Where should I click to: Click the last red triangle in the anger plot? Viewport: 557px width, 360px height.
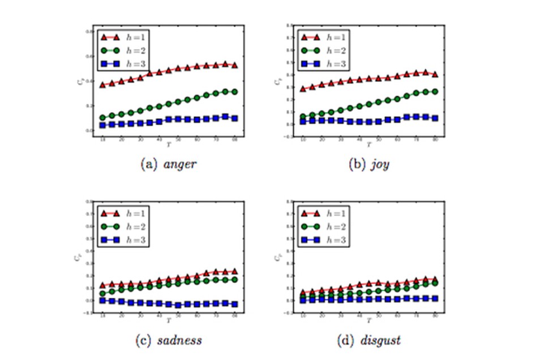[x=235, y=66]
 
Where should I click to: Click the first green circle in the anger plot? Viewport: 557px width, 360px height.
[x=102, y=118]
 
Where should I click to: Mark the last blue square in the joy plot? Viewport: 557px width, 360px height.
[x=435, y=118]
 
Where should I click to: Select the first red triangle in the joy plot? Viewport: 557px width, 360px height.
[x=303, y=89]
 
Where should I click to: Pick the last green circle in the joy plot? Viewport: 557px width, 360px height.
[x=435, y=91]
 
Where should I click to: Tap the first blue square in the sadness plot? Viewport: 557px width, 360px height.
[x=102, y=301]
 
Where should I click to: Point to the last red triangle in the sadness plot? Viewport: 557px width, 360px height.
[x=235, y=272]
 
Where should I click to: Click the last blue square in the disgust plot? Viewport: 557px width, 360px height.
[x=435, y=298]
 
